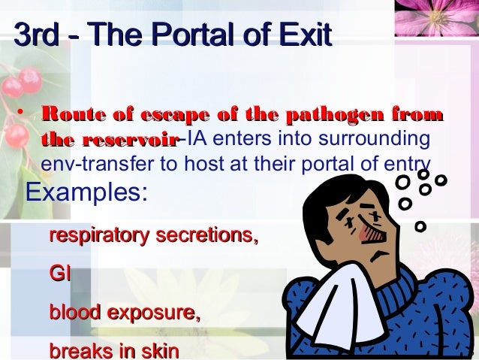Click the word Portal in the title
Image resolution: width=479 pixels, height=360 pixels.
[188, 35]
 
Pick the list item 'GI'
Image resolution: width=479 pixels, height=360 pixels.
[60, 274]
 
